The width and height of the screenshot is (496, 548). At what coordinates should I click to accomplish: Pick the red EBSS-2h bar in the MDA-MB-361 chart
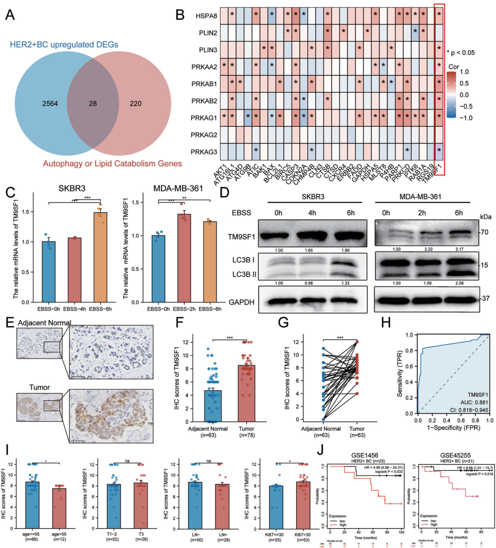[x=184, y=246]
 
